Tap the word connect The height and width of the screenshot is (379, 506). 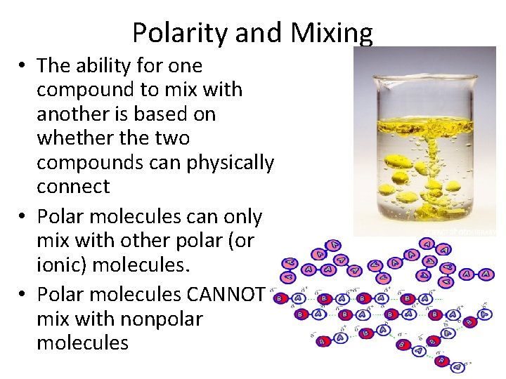click(x=73, y=187)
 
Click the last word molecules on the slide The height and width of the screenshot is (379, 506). click(x=82, y=343)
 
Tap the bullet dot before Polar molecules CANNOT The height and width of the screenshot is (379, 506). click(x=23, y=295)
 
